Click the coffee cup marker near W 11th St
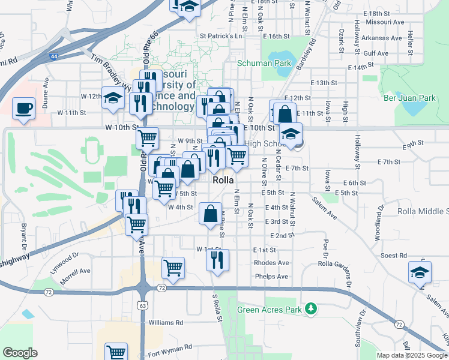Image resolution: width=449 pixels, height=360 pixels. [24, 109]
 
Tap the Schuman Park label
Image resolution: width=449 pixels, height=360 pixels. [264, 62]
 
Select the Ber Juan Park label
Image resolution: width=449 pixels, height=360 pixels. [409, 97]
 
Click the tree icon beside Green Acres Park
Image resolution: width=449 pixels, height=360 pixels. [310, 309]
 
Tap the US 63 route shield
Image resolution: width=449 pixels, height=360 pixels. [142, 305]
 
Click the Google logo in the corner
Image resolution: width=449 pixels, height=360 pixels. [20, 353]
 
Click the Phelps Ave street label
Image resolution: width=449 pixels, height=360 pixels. [271, 277]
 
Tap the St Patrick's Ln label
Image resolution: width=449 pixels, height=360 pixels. [220, 36]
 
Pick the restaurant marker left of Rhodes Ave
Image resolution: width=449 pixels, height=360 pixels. [217, 259]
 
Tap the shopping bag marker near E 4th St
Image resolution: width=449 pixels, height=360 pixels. [211, 214]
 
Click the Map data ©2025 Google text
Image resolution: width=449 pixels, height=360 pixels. [411, 355]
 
